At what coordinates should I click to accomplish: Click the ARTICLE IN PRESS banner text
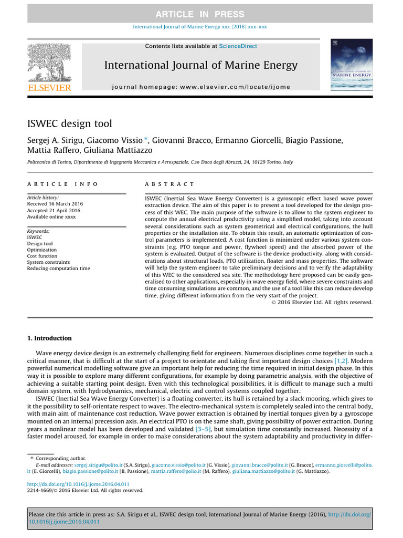(x=201, y=14)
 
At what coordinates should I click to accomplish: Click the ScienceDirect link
(x=238, y=46)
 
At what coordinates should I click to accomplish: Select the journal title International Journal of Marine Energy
(x=200, y=65)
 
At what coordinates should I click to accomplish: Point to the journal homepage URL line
(x=201, y=87)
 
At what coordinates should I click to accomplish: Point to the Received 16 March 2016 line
(x=55, y=204)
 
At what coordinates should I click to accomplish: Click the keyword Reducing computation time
(x=58, y=268)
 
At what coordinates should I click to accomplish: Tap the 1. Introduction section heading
(x=49, y=338)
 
